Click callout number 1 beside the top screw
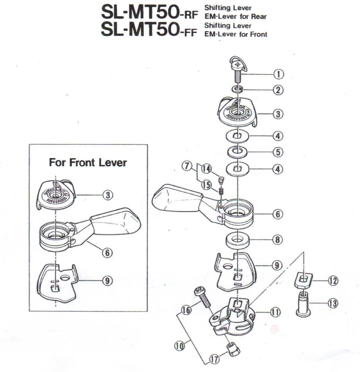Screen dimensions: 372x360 pyautogui.click(x=279, y=74)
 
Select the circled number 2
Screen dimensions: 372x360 pyautogui.click(x=278, y=90)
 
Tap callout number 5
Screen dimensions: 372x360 pyautogui.click(x=278, y=152)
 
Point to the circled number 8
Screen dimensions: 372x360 pyautogui.click(x=278, y=240)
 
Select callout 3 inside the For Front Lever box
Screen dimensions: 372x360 pyautogui.click(x=107, y=195)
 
